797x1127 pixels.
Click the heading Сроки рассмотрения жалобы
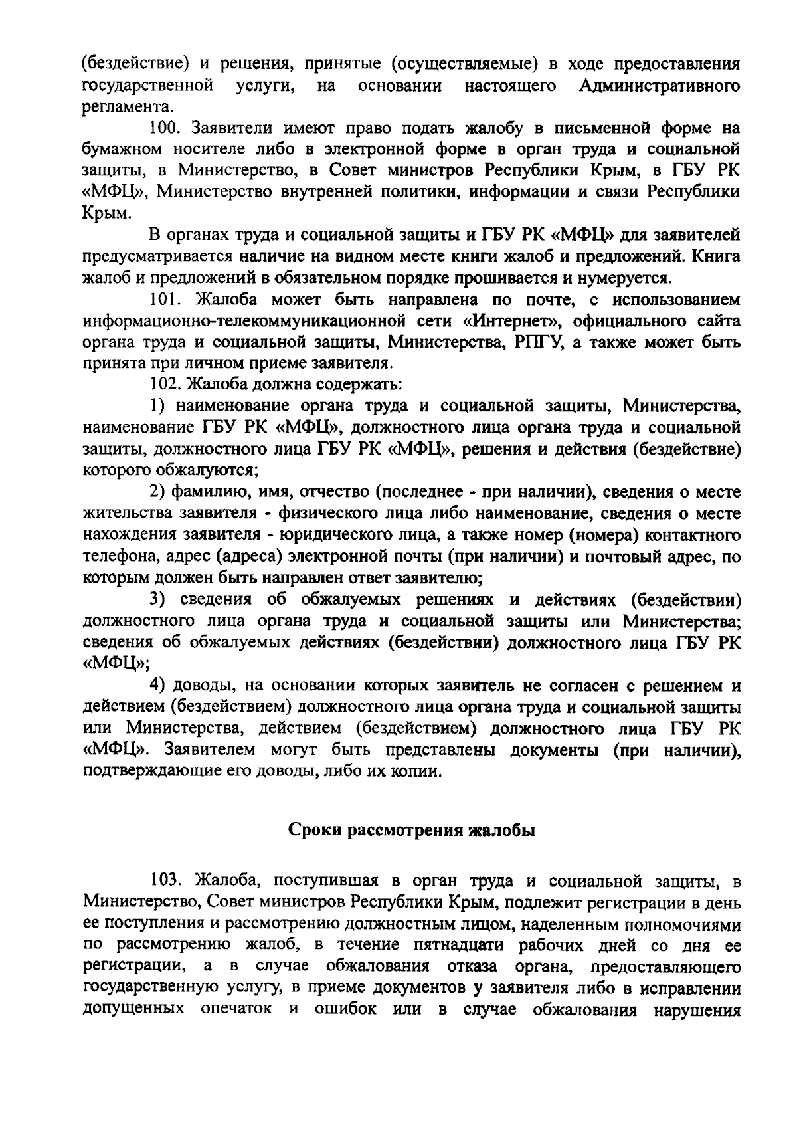[x=412, y=831]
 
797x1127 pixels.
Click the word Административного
[x=660, y=86]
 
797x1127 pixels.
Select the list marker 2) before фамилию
[x=156, y=492]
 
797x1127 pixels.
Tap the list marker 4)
[x=157, y=685]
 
